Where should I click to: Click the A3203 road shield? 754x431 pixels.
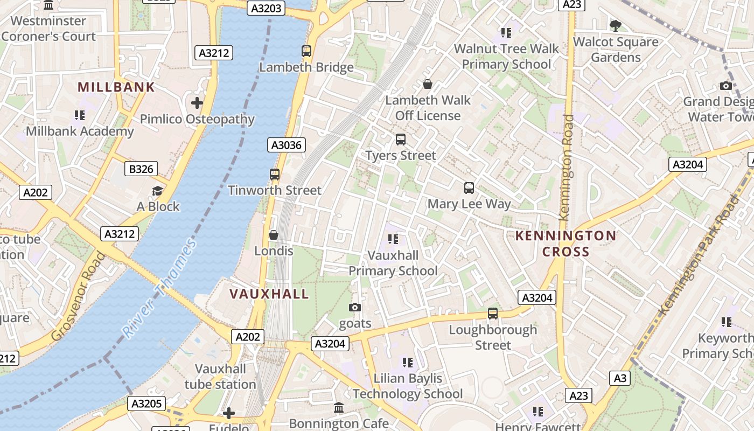click(267, 8)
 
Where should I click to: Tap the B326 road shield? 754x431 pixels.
click(141, 169)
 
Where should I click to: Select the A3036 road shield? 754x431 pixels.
click(287, 145)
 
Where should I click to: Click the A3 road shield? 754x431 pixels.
click(620, 378)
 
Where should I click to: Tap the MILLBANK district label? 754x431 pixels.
click(116, 87)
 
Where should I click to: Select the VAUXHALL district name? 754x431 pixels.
click(269, 294)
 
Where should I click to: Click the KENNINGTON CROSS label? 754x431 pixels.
click(565, 244)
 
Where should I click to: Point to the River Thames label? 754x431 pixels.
click(159, 289)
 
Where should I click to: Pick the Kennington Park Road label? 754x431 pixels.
click(700, 255)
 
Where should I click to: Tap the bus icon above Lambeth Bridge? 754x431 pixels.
click(306, 51)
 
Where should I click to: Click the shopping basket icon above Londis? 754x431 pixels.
click(274, 235)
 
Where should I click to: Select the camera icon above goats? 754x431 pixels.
click(355, 307)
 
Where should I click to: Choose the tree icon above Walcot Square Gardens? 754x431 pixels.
click(615, 25)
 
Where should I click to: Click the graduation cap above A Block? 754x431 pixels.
click(157, 191)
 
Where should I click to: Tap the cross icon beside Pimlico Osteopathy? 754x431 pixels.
click(197, 102)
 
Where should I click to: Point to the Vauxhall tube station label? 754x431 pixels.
click(220, 377)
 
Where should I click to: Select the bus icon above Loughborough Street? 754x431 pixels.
click(493, 313)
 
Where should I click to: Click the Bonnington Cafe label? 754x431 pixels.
click(339, 423)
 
